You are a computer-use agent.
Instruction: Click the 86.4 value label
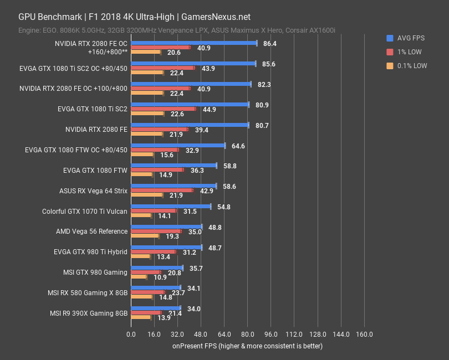[270, 43]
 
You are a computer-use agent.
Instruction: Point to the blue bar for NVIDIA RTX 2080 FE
[190, 125]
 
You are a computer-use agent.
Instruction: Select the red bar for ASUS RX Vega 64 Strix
[162, 191]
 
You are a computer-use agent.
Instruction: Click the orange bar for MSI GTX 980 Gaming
[139, 277]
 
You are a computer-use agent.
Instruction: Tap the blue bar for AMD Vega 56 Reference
[166, 227]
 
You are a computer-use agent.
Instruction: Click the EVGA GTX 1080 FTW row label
[96, 170]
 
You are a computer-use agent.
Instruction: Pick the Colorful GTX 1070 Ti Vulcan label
[85, 212]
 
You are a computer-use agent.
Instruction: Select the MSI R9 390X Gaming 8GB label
[89, 313]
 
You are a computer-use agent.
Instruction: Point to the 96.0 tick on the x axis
[271, 335]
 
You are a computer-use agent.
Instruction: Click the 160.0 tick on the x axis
[364, 335]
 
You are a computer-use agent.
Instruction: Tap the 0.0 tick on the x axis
[131, 335]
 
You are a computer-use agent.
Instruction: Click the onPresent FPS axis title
[247, 346]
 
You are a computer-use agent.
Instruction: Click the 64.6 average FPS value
[238, 146]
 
